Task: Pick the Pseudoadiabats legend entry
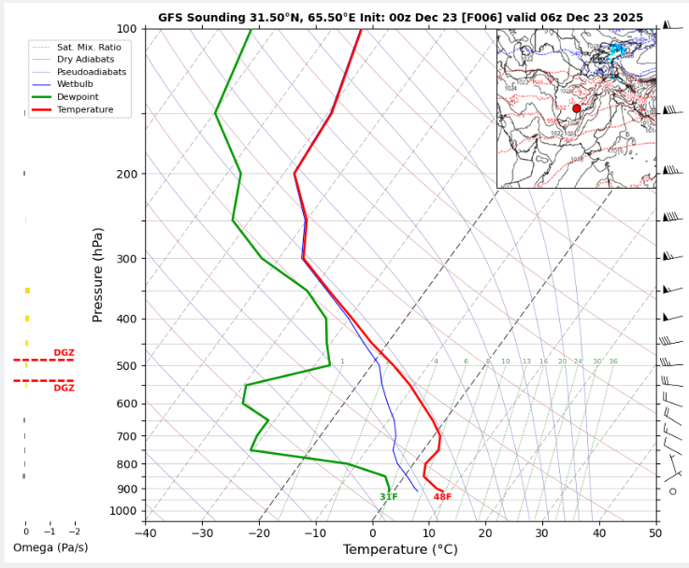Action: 92,72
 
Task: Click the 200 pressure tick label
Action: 126,175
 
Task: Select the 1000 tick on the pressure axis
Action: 122,511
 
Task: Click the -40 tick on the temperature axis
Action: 145,533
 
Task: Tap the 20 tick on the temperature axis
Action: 485,533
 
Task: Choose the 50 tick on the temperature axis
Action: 655,533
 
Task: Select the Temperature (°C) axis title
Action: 400,550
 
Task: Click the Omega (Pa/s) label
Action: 50,547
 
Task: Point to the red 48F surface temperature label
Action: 442,497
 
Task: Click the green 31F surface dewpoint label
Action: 389,497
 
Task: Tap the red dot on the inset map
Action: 577,108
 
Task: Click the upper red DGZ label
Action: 64,353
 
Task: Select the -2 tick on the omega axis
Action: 74,531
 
